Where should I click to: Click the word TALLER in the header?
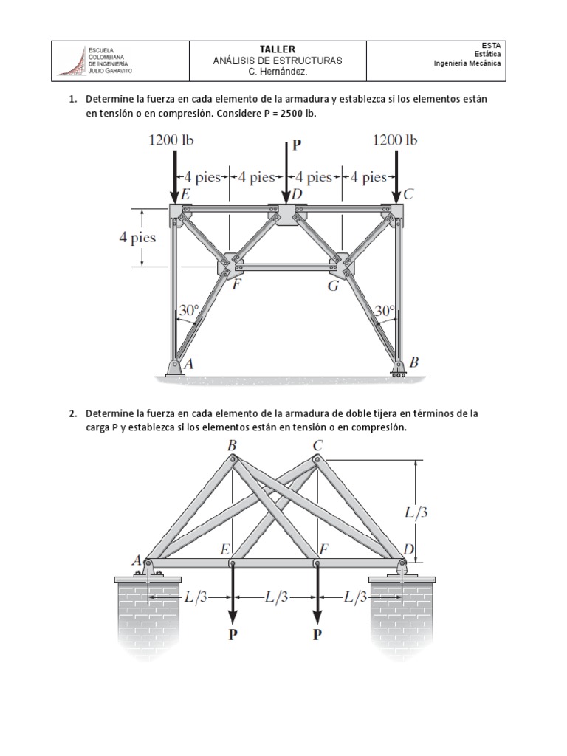pos(277,49)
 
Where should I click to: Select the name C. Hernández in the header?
pos(277,72)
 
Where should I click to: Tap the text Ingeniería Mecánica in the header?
pos(467,63)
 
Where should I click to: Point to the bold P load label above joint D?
pos(297,145)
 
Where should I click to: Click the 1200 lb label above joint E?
pos(172,140)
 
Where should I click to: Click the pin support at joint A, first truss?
pos(174,367)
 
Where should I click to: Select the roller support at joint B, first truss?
pos(399,368)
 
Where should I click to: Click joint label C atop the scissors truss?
pos(317,445)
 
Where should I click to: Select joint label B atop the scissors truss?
pos(233,445)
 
